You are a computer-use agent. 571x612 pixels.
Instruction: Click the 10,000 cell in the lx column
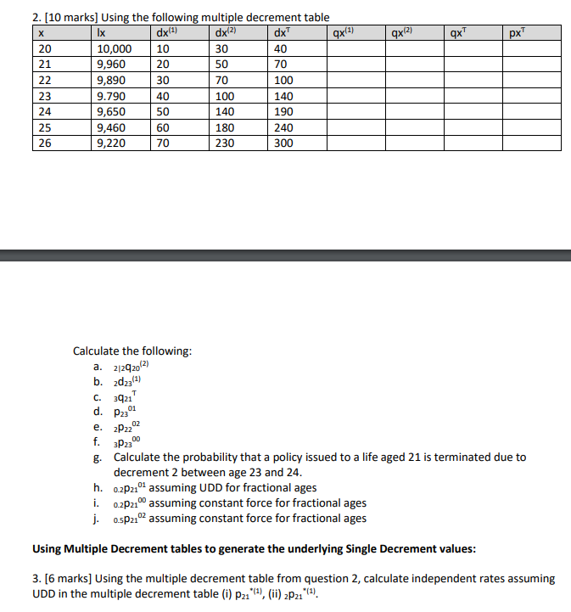(x=110, y=49)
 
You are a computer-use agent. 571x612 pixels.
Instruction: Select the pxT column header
(x=515, y=34)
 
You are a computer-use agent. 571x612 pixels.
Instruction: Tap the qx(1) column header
(x=342, y=34)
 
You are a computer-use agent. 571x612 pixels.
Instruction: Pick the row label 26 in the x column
(x=45, y=143)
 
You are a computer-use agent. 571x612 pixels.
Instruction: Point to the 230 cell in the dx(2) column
(x=225, y=143)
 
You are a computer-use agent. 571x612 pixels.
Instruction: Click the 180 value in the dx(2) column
(x=225, y=127)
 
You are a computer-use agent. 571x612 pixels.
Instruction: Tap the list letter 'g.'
(x=99, y=457)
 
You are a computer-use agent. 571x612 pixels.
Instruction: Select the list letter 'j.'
(x=99, y=518)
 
